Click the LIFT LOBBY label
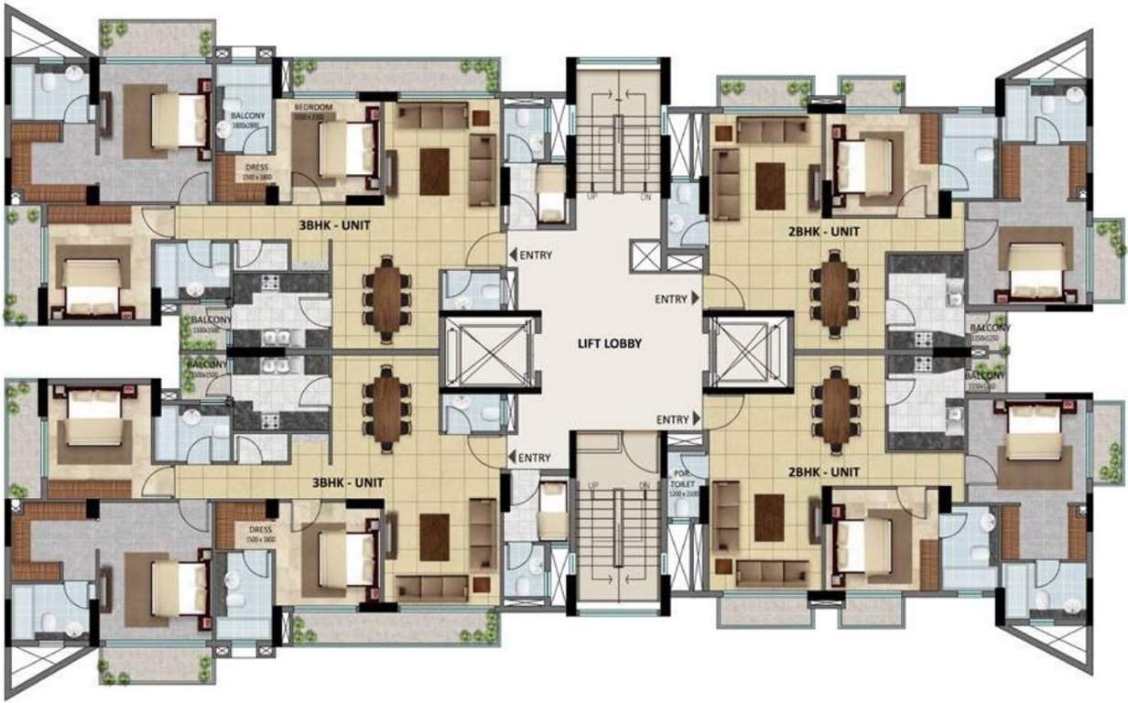click(610, 344)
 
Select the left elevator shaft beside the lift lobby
click(479, 351)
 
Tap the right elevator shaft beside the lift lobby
click(747, 351)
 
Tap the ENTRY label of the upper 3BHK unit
click(536, 255)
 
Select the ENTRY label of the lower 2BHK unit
click(671, 419)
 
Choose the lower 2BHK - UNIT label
click(824, 472)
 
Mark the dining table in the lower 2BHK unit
click(835, 409)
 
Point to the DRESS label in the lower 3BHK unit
click(259, 529)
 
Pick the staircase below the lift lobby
click(617, 540)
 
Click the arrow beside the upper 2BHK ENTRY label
click(698, 297)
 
